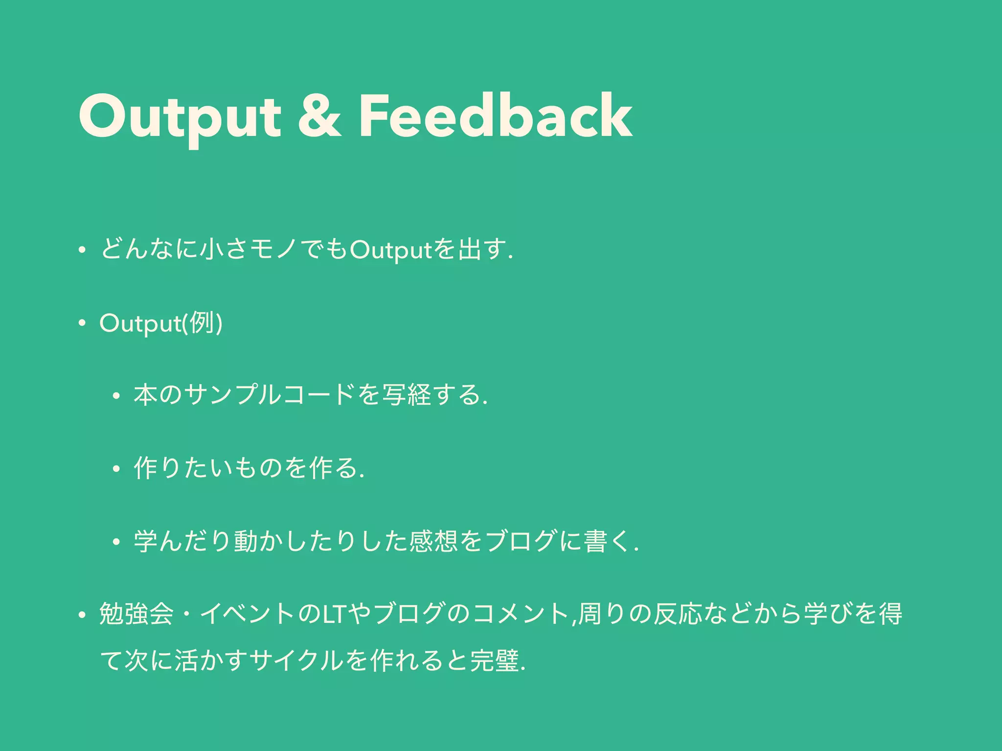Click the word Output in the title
pyautogui.click(x=179, y=117)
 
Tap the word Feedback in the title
pyautogui.click(x=495, y=116)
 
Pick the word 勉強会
pyautogui.click(x=137, y=614)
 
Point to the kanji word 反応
pyautogui.click(x=677, y=615)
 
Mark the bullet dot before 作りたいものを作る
pyautogui.click(x=116, y=469)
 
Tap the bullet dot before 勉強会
pyautogui.click(x=82, y=615)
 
